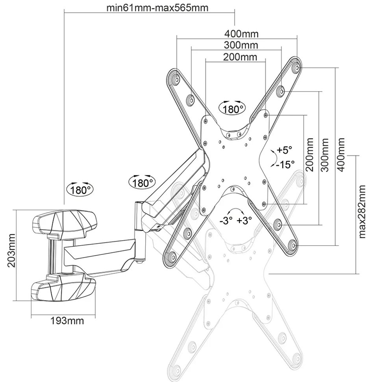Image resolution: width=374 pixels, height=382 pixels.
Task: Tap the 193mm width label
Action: pos(67,320)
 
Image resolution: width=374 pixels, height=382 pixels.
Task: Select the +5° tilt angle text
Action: pos(284,150)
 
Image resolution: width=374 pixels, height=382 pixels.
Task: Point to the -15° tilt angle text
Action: pos(285,164)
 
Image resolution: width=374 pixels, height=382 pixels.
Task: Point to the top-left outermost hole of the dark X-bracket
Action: pos(174,78)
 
